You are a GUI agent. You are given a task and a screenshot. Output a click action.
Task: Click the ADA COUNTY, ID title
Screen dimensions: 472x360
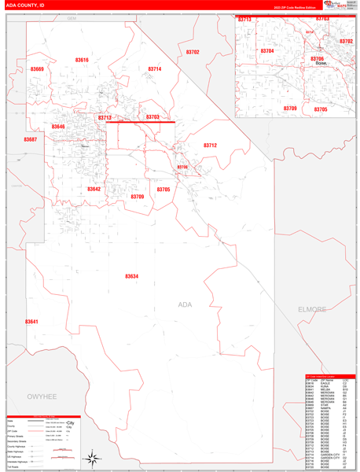(x=25, y=5)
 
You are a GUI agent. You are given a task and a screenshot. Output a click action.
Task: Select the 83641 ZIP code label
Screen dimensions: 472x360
(x=31, y=321)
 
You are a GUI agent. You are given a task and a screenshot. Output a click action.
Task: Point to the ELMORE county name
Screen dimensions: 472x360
(x=311, y=309)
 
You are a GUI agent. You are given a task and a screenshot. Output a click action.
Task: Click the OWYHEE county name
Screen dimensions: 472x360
(x=43, y=398)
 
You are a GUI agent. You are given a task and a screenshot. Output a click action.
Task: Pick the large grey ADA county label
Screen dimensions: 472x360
(x=185, y=304)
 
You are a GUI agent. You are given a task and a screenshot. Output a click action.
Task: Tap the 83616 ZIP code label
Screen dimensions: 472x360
(x=82, y=60)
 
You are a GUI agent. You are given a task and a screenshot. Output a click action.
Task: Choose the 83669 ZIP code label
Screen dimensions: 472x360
(x=37, y=69)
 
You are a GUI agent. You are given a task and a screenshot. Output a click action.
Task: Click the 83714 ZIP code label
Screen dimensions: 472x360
(x=155, y=69)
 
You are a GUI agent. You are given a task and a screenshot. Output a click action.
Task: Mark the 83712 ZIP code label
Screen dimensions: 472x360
(x=210, y=146)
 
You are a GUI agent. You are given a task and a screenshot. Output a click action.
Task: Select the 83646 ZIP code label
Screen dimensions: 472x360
(x=58, y=127)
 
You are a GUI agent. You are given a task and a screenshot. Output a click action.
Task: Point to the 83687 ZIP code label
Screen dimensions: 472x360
(x=30, y=139)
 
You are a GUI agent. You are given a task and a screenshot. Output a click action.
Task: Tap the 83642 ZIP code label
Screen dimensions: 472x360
(x=94, y=189)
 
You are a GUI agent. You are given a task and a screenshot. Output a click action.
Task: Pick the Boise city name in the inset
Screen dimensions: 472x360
(x=320, y=65)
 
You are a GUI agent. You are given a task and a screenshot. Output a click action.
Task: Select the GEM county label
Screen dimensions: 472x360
(x=72, y=17)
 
